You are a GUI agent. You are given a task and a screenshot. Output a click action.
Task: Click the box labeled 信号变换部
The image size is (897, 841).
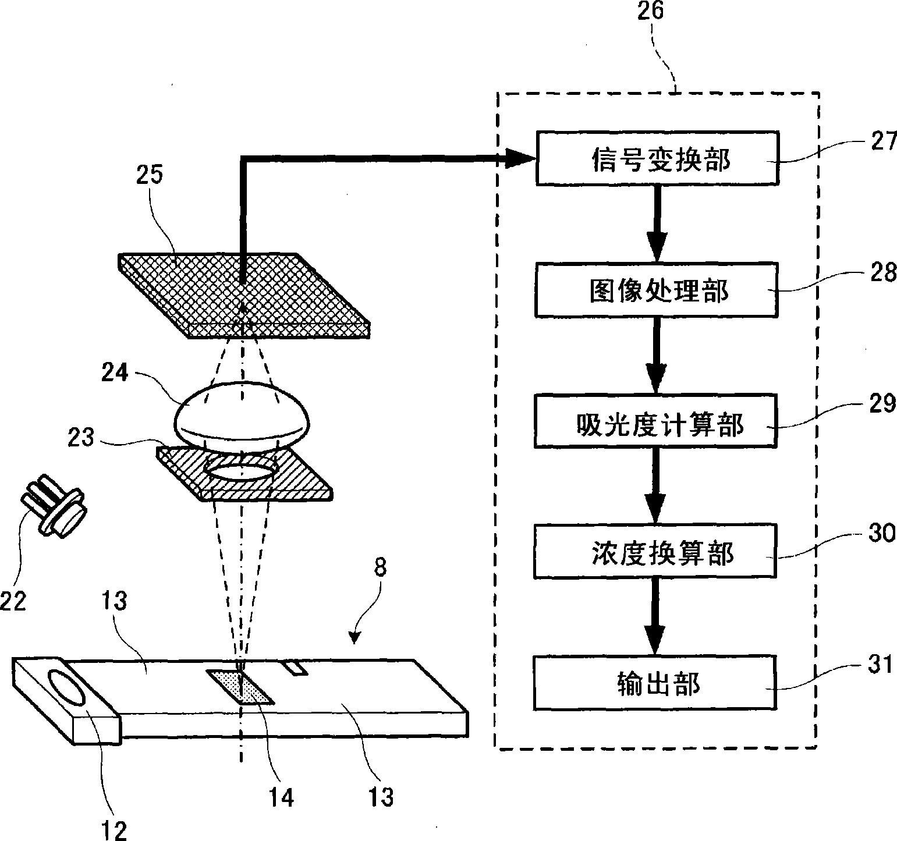[x=657, y=158]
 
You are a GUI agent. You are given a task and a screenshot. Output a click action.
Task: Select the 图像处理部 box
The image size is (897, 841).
[x=657, y=290]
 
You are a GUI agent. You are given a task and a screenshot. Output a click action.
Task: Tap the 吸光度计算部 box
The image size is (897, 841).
[x=657, y=421]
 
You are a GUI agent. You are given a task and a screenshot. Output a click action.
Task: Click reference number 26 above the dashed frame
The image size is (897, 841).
[x=650, y=12]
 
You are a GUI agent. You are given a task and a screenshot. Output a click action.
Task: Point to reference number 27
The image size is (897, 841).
[x=882, y=141]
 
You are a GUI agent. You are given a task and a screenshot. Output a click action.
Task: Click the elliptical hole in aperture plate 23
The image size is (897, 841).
[x=241, y=469]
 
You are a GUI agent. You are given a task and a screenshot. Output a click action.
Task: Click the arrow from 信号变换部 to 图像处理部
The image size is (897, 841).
[x=657, y=224]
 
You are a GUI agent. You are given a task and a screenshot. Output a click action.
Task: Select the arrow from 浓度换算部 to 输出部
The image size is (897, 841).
[x=657, y=616]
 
